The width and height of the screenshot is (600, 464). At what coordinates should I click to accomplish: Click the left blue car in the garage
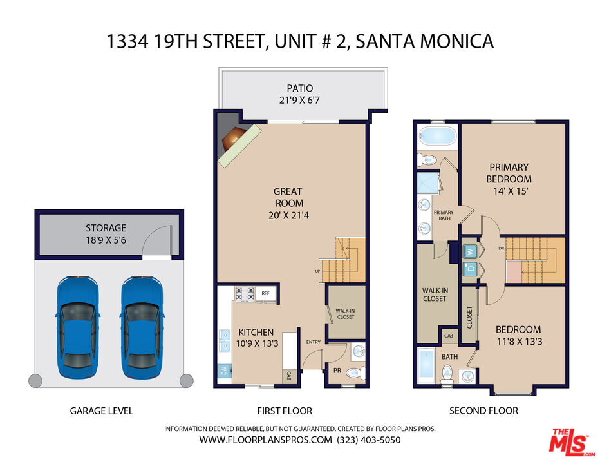tap(78, 327)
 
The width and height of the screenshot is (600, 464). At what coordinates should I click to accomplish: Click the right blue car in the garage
tap(142, 327)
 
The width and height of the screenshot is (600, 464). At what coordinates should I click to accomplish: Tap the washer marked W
tap(471, 252)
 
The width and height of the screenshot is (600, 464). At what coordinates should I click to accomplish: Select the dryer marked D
tap(471, 268)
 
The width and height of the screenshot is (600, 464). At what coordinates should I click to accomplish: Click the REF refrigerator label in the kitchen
tap(266, 293)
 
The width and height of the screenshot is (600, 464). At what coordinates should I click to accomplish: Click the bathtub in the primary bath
tap(437, 136)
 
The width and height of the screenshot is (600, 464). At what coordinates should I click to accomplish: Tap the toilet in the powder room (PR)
tap(356, 372)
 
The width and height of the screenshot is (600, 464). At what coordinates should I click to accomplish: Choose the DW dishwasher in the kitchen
tap(224, 371)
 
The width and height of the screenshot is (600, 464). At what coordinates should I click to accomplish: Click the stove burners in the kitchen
tap(245, 293)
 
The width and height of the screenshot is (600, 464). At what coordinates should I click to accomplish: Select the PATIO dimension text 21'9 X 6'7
tap(299, 101)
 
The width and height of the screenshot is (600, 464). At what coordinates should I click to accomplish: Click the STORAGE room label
tap(106, 228)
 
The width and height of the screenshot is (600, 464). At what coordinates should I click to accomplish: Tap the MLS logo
tap(572, 442)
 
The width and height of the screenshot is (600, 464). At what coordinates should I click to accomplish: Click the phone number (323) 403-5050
tap(368, 440)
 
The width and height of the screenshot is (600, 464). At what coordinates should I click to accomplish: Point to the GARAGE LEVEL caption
tap(102, 411)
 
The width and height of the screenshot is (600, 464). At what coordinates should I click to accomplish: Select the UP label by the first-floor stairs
tap(317, 271)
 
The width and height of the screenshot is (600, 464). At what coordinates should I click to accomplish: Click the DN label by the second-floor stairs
tap(502, 248)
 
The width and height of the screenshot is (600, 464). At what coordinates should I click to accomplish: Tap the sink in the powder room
tap(358, 351)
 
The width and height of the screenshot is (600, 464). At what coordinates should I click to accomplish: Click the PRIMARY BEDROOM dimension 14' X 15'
tap(511, 191)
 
